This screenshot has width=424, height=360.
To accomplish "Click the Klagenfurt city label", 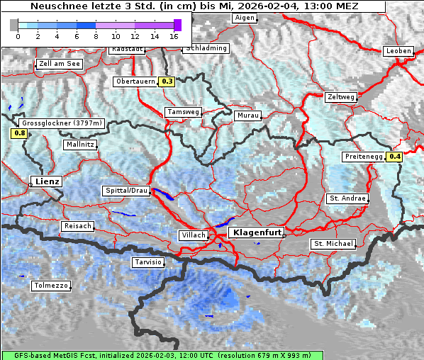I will coord(258,232).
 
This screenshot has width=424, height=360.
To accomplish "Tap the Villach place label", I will coord(193,235).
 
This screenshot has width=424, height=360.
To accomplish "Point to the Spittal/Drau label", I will coord(127,191).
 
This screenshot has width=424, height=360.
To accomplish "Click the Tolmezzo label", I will coord(51,286).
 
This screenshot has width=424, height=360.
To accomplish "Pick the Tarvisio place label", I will coord(148,262).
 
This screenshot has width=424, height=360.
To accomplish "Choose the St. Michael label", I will coord(333,244).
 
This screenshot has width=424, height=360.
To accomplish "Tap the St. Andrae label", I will coord(347,198).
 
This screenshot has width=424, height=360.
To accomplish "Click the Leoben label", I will coord(398,51).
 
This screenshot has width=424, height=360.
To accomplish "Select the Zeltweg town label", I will coord(340,96).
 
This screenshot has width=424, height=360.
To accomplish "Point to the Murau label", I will coord(248,115).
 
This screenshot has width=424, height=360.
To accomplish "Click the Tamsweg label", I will coord(183,112).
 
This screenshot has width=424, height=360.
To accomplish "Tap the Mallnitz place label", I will coord(79,145).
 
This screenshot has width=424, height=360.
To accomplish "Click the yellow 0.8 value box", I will coord(19,133).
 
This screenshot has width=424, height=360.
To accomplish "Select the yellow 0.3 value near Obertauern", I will coord(167,81).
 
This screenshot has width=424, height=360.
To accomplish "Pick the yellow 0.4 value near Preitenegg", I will coord(394,157).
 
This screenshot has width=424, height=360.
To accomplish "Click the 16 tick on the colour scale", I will coord(174,36).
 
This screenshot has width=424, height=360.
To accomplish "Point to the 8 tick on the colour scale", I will coord(96,36).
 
